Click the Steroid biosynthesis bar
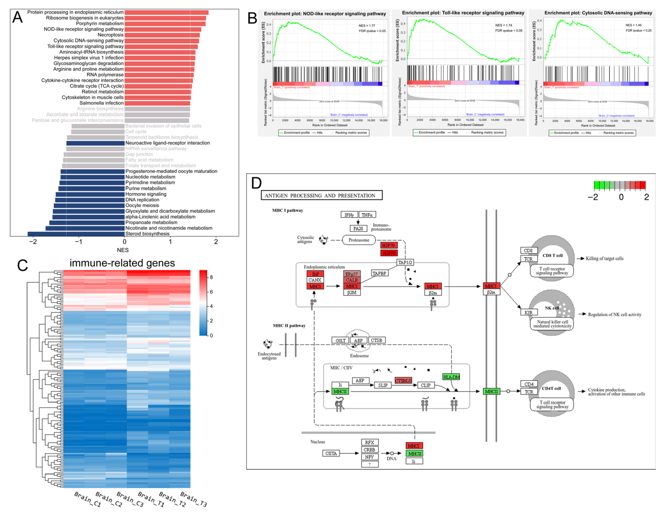(76, 234)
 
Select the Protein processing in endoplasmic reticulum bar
(166, 12)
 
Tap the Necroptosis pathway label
(111, 35)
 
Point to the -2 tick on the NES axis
(33, 242)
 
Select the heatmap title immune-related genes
(122, 263)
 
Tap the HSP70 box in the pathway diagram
(389, 245)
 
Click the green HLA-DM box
(451, 377)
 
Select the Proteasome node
(359, 240)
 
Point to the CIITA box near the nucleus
(331, 453)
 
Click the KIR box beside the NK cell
(529, 312)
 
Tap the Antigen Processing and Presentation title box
(321, 196)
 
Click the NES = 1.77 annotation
(367, 26)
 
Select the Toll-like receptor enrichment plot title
(463, 13)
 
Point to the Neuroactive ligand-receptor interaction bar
(95, 143)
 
